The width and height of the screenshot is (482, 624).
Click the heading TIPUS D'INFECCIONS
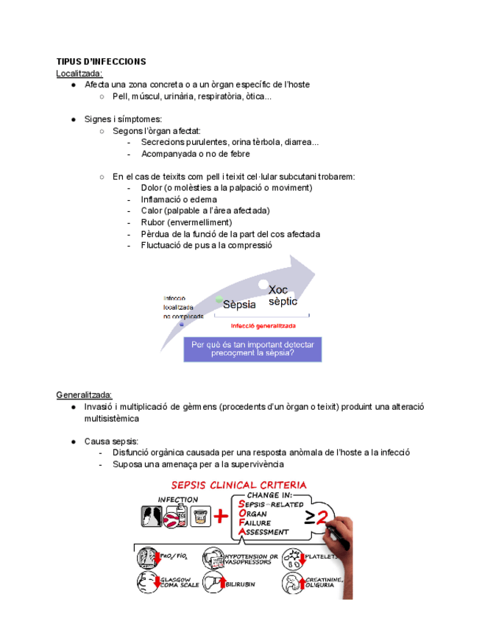tap(101, 61)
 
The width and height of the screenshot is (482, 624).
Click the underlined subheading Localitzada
tap(79, 73)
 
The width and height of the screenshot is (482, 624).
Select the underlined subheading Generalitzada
tap(84, 394)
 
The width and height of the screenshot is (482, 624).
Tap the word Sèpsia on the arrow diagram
tap(239, 304)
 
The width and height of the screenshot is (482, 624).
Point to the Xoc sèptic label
tap(283, 296)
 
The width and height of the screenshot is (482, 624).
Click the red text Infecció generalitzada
tap(263, 325)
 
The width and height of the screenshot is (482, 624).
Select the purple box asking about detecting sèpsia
tap(252, 349)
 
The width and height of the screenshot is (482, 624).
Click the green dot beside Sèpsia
tap(219, 299)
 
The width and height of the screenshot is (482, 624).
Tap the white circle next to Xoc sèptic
tap(263, 284)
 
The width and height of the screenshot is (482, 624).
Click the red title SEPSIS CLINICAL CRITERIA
tap(239, 485)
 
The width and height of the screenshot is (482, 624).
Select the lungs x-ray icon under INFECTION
tap(152, 518)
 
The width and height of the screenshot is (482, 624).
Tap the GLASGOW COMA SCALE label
tap(178, 582)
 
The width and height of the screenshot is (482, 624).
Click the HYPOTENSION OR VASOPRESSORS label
tap(252, 559)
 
